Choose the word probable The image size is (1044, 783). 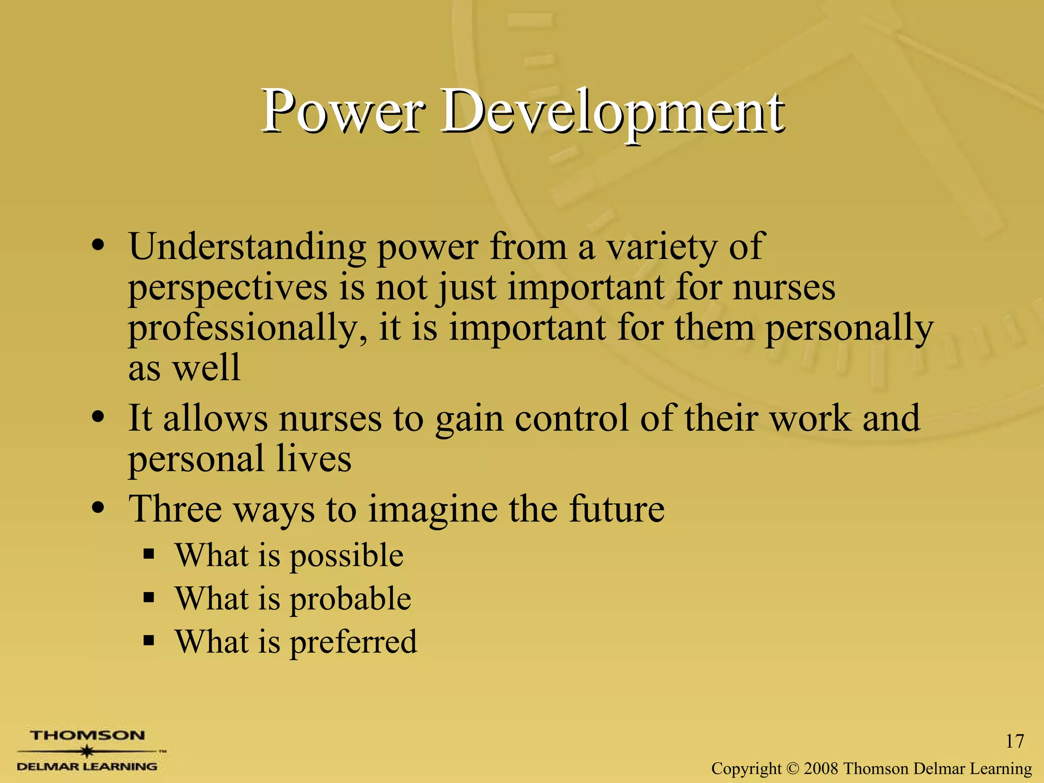tap(350, 599)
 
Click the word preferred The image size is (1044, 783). tap(353, 642)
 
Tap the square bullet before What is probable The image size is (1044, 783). tap(149, 597)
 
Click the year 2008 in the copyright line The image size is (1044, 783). tap(821, 768)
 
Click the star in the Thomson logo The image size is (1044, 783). tap(88, 751)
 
